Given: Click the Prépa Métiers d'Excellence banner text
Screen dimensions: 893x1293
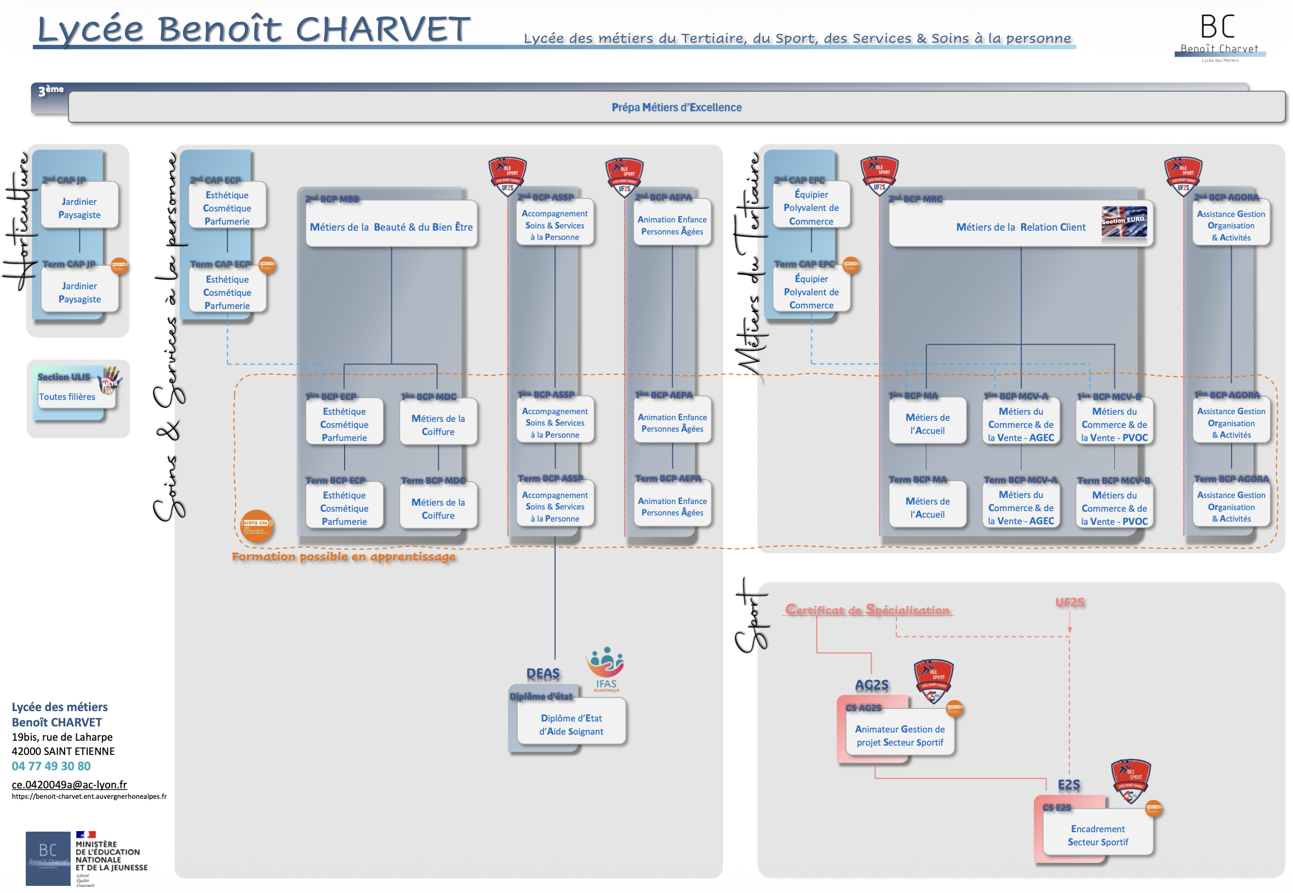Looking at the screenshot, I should click(676, 107).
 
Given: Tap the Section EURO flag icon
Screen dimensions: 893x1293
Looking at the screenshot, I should click(1123, 221).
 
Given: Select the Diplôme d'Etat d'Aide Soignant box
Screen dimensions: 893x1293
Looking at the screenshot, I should click(571, 724).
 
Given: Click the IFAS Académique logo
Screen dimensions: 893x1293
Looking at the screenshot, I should click(605, 669).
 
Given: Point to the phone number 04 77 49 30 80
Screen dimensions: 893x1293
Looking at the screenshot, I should click(51, 765).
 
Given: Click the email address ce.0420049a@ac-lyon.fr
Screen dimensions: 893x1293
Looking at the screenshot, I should click(70, 784).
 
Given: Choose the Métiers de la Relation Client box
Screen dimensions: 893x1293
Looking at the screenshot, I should click(1020, 226).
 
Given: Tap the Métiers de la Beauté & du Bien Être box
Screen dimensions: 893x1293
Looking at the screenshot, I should click(391, 226).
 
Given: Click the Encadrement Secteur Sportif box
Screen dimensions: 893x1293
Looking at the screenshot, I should click(1097, 835).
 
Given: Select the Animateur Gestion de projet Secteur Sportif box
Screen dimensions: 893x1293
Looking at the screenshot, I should click(899, 735).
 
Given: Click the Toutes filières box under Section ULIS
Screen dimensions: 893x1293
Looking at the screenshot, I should click(67, 396).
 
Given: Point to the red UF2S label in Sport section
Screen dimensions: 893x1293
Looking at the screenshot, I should click(1069, 602).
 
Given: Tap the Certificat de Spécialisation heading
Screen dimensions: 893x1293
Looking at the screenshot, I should click(867, 609).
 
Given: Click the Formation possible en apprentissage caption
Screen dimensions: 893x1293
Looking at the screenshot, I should click(344, 556).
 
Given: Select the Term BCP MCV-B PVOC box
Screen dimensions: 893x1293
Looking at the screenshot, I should click(1114, 507).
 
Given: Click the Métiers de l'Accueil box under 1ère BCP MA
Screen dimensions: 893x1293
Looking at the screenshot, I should click(927, 423).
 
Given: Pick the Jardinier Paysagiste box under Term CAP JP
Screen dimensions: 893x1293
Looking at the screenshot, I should click(79, 292).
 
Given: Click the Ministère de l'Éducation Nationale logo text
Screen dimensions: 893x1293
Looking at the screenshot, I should click(111, 856).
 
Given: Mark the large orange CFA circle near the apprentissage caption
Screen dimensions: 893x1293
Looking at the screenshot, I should click(257, 525).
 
